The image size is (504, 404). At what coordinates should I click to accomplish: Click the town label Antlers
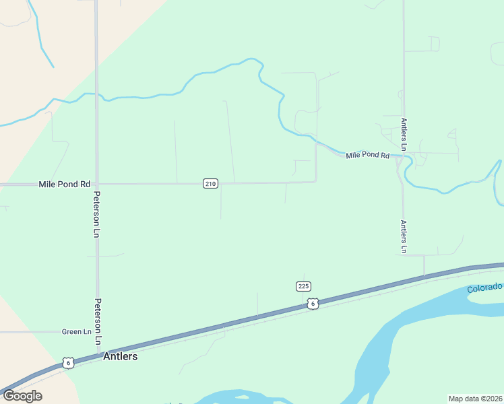(x=120, y=356)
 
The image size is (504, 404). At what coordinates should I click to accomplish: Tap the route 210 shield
(x=210, y=184)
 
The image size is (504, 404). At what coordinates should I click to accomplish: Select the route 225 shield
(x=303, y=286)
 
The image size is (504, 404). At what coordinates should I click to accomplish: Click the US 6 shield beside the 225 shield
(x=313, y=304)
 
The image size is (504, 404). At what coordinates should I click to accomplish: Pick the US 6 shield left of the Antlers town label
(x=67, y=363)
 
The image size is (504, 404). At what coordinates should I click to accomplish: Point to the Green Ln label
(x=76, y=332)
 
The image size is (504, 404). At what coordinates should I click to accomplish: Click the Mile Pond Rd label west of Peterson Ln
(x=64, y=184)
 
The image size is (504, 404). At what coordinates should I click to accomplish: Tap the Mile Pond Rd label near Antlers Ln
(x=367, y=156)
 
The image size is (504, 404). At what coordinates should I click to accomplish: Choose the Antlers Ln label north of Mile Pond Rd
(x=404, y=134)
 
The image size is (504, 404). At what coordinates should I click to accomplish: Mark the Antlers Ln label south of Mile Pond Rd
(x=404, y=237)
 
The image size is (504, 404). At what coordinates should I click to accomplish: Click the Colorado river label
(x=484, y=288)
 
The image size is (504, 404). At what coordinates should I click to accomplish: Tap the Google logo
(x=22, y=395)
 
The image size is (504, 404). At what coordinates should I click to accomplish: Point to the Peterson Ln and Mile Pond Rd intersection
(x=97, y=183)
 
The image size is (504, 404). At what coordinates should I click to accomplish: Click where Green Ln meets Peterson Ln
(x=98, y=332)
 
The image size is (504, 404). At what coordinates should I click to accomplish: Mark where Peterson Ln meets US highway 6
(x=98, y=355)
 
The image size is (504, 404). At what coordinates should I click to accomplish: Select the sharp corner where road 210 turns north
(x=316, y=181)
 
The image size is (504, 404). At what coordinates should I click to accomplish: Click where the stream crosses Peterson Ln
(x=96, y=94)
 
